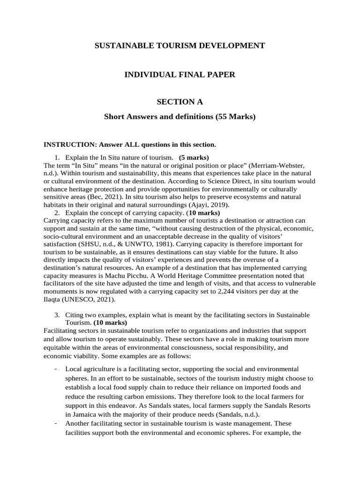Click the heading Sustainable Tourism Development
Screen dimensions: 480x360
pyautogui.click(x=180, y=45)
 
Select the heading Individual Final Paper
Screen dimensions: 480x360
pyautogui.click(x=180, y=74)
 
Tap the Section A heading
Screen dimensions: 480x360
pyautogui.click(x=180, y=102)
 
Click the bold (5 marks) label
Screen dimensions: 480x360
pyautogui.click(x=194, y=157)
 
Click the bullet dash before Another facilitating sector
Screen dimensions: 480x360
pyautogui.click(x=56, y=423)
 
